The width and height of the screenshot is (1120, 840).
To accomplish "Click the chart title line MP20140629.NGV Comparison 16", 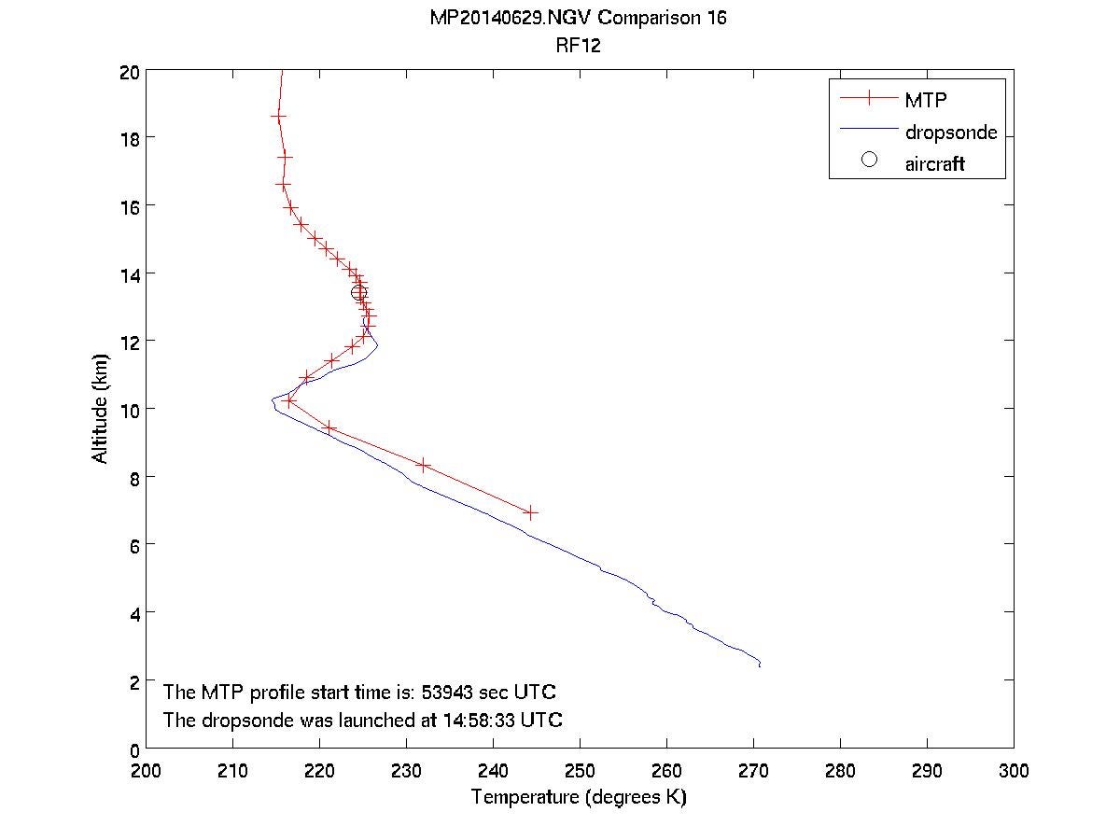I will coord(578,19).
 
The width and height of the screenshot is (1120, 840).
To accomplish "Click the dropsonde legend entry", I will coord(950,133).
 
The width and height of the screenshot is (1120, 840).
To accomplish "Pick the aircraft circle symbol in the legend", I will coord(869,160).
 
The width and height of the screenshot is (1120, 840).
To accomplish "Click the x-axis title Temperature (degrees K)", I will coord(579,797).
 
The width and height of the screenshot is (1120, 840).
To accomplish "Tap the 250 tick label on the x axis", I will coord(580,771).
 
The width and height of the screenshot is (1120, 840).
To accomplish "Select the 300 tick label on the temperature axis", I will coord(1013,771).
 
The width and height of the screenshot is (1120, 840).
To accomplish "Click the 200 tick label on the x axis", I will coord(146,771).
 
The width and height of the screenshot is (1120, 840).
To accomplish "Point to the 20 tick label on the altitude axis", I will coord(130,70).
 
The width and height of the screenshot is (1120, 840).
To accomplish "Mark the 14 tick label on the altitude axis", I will coord(130,273).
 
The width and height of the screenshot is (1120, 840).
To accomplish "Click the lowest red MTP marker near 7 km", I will coord(531,512).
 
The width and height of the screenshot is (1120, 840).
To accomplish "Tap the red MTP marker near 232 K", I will coord(424,465).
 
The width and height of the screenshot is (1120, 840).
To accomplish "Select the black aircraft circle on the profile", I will coord(358,293).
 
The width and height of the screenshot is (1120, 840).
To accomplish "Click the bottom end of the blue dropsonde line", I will coord(760,665).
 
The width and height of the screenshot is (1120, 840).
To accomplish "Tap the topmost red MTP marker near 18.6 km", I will coord(277,116).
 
